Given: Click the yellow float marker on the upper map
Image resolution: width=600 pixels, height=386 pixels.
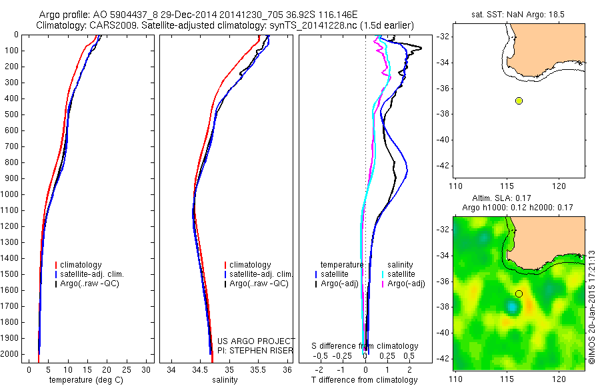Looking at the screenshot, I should point(519,100).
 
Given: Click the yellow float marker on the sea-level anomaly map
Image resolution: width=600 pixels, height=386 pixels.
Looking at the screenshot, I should point(519,293).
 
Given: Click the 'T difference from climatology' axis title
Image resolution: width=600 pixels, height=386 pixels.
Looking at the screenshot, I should point(365,380).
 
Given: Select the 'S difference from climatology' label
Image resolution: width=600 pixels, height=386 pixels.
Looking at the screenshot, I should point(365,346).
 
